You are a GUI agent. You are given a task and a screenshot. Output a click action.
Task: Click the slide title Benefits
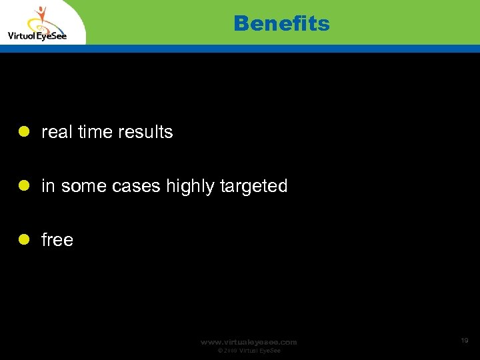[x=281, y=24]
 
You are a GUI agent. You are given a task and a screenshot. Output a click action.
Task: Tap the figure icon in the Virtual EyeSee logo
[x=42, y=17]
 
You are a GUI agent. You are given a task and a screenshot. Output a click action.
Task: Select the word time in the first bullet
[x=95, y=132]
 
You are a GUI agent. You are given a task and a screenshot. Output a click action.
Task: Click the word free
[x=57, y=240]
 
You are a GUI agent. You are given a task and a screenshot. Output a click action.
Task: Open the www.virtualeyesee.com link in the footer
[x=249, y=342]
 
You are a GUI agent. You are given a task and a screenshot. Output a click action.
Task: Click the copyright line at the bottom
[x=249, y=351]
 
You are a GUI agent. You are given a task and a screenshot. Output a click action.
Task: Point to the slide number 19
[x=464, y=341]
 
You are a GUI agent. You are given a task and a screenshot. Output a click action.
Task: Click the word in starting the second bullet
[x=48, y=186]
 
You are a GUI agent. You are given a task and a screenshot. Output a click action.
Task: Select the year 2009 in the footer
[x=229, y=351]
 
